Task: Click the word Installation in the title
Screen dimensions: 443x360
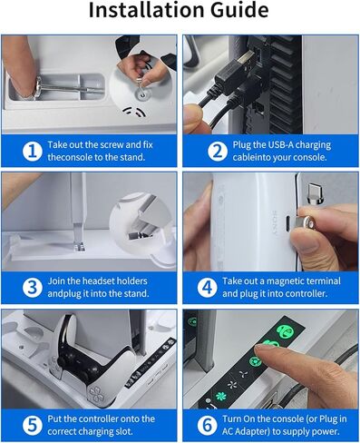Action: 145,12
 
